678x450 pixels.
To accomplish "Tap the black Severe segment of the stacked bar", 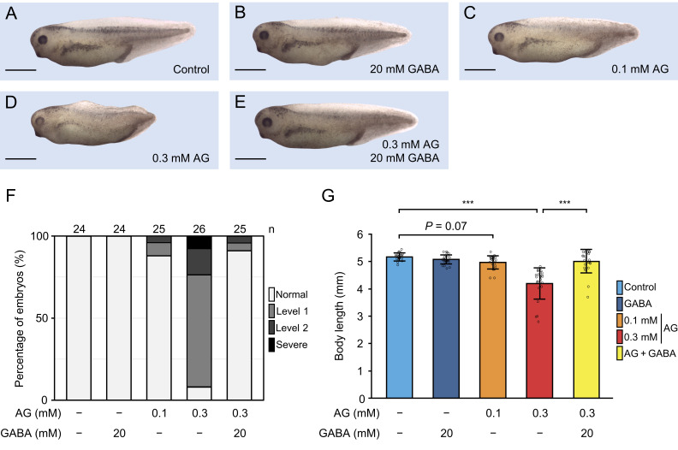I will tap(199, 243).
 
